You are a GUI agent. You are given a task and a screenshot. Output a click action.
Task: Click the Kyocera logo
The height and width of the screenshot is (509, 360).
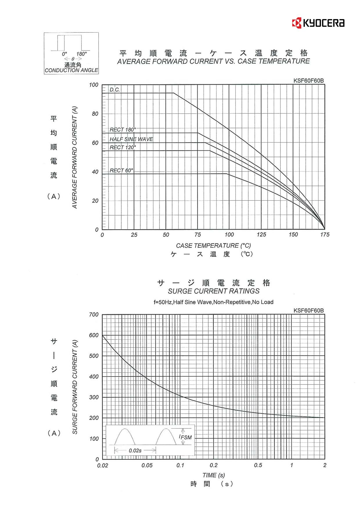click(x=318, y=23)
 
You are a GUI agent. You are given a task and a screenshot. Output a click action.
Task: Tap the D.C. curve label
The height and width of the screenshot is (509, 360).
click(x=115, y=90)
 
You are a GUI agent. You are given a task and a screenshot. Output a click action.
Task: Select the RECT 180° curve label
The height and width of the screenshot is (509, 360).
click(x=123, y=129)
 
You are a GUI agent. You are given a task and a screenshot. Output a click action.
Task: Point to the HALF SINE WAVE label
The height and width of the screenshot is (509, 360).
click(x=131, y=139)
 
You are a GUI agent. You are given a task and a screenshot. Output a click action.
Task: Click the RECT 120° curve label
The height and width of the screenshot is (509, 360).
click(x=123, y=147)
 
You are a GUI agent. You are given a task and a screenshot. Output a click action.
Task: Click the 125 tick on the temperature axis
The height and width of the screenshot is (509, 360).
click(x=261, y=234)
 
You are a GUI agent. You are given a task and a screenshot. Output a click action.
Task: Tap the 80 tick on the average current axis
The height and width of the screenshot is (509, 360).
click(x=95, y=114)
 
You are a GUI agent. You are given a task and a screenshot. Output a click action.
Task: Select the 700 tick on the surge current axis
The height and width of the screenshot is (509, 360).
click(x=94, y=315)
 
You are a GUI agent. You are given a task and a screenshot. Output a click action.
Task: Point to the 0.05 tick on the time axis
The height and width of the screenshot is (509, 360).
click(x=147, y=465)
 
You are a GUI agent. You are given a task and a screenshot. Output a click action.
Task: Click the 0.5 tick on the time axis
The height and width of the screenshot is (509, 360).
click(x=258, y=465)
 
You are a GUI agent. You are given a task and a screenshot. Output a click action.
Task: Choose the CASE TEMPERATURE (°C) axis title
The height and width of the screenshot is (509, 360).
click(x=213, y=246)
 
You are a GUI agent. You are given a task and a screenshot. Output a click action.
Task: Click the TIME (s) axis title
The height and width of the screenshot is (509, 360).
click(x=213, y=475)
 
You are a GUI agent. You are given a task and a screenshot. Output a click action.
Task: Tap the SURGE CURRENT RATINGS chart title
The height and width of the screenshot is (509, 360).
click(x=214, y=291)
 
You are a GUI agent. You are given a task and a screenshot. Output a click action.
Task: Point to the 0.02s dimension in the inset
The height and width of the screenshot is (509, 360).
click(x=135, y=451)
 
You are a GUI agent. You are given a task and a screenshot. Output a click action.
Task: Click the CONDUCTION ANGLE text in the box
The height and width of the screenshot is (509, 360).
click(x=71, y=70)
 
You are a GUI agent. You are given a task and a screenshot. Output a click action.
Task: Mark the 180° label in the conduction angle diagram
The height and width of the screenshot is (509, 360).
click(x=82, y=54)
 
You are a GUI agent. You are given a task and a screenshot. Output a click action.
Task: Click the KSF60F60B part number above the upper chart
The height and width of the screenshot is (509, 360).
click(x=308, y=81)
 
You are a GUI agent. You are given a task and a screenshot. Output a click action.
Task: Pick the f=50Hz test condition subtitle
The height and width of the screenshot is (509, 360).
click(x=213, y=302)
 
